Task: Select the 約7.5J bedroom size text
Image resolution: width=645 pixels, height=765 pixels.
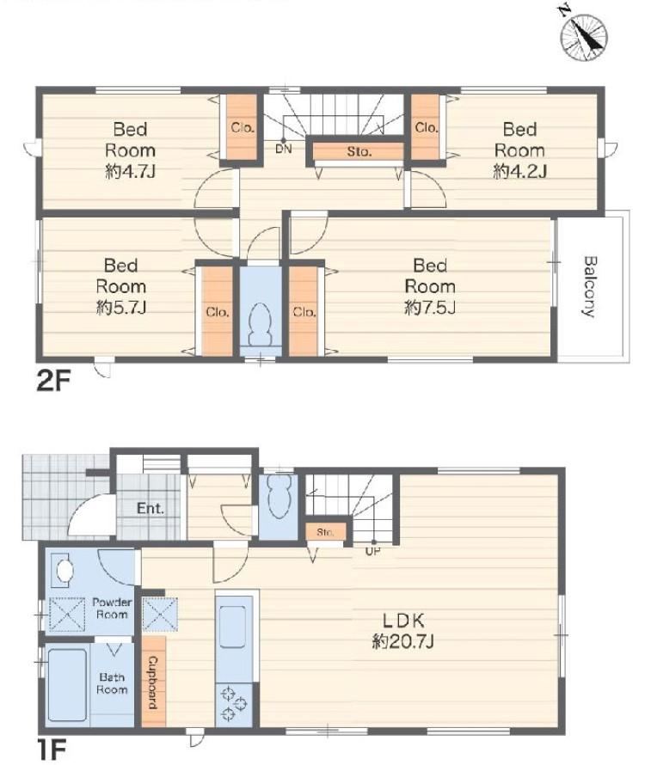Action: tap(430, 308)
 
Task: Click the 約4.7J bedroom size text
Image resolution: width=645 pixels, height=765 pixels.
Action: tap(131, 171)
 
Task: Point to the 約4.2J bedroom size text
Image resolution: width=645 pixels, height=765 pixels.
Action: tap(520, 171)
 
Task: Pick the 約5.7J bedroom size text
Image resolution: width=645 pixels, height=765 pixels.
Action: tap(121, 308)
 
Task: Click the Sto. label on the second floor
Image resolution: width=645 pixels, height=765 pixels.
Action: tap(359, 152)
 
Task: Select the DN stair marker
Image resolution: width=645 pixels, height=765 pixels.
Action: tap(283, 149)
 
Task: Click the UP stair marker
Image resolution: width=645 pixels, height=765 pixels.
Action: tap(372, 552)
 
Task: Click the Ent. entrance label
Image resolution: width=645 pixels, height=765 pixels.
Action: tap(150, 508)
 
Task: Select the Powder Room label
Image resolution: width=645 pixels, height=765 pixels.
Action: tap(112, 609)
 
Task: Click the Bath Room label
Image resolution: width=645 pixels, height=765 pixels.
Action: tap(112, 683)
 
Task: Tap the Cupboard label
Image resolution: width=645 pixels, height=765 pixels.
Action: tap(152, 683)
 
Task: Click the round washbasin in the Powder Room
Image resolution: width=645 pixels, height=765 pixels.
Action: tap(64, 569)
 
